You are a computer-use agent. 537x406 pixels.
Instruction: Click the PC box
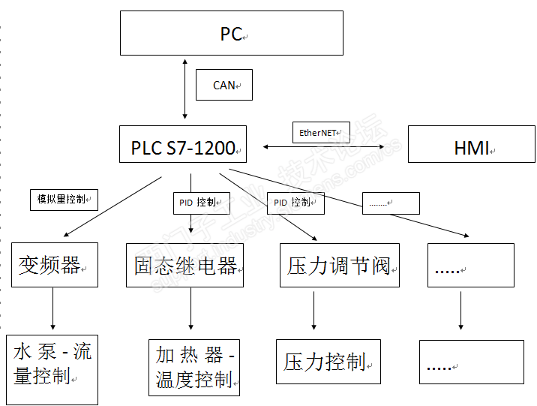click(231, 33)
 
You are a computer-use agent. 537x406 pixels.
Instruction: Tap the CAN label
click(223, 85)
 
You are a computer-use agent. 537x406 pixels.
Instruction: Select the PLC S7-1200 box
click(183, 144)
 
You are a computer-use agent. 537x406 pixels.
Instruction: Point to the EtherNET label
click(320, 133)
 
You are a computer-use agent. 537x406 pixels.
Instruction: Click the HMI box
click(471, 144)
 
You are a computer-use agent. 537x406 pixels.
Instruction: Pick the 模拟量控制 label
click(64, 200)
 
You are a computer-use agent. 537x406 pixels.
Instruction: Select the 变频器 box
click(54, 265)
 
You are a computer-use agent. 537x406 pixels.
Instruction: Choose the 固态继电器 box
click(184, 265)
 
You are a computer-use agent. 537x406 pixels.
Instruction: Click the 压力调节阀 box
click(339, 265)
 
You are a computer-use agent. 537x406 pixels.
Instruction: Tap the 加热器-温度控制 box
click(193, 367)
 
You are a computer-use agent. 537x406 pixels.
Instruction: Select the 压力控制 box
click(328, 362)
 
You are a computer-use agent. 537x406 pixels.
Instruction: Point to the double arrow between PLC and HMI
click(323, 147)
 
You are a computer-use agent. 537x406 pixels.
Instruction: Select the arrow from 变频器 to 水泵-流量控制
click(53, 309)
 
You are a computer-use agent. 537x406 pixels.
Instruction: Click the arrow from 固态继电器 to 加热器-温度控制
click(191, 309)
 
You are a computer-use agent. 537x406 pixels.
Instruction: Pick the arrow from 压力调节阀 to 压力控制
click(313, 309)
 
